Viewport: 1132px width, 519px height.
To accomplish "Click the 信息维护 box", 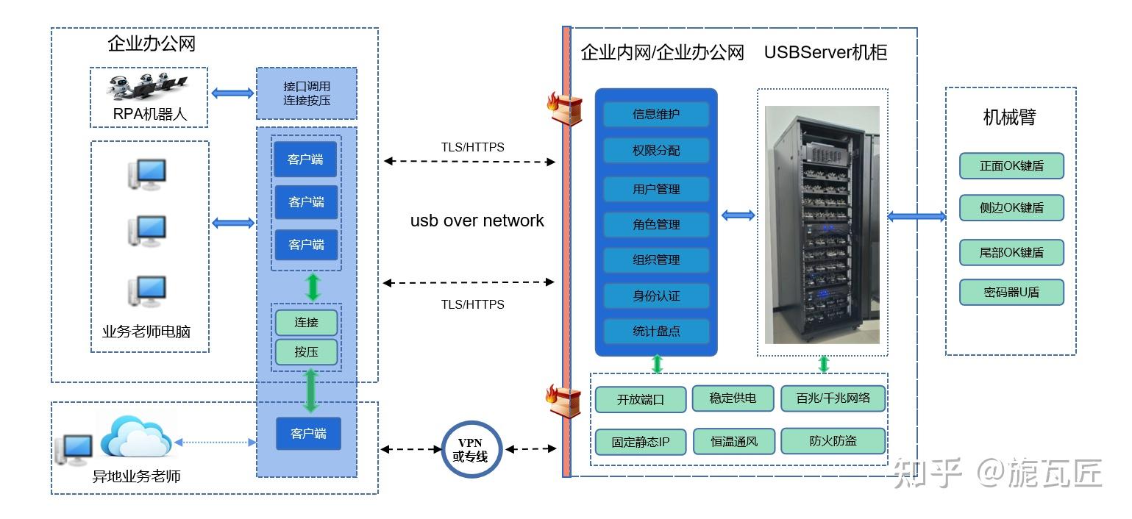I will tap(656, 115).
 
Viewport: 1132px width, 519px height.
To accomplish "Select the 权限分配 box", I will tap(656, 150).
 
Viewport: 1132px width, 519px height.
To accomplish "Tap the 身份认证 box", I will tap(656, 296).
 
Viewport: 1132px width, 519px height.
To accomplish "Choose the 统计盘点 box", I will tap(656, 332).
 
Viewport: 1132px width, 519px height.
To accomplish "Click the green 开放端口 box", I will tap(640, 400).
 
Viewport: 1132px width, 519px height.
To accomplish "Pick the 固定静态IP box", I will tap(640, 443).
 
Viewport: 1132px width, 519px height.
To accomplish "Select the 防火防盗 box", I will tap(833, 441).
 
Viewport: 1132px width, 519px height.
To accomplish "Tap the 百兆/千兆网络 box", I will tap(833, 398).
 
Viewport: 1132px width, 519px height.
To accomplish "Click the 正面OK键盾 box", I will tap(1011, 166).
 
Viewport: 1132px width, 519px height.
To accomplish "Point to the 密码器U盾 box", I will tap(1011, 293).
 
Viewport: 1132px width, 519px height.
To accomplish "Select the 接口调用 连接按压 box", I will tap(307, 93).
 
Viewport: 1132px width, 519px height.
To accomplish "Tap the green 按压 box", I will tap(306, 352).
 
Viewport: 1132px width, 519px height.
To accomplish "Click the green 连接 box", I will tap(306, 323).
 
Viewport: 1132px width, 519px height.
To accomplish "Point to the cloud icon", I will tap(135, 435).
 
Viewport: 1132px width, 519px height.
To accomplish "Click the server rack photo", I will tap(822, 224).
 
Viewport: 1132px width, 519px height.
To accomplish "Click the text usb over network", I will tap(477, 221).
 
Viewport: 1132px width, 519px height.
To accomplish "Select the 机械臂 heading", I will tap(1009, 118).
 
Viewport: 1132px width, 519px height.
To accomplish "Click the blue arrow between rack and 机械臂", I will tap(916, 216).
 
